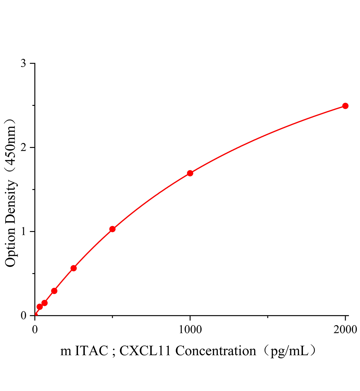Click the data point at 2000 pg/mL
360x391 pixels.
pyautogui.click(x=345, y=106)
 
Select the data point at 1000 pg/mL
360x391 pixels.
pyautogui.click(x=190, y=173)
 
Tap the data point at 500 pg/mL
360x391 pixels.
pyautogui.click(x=112, y=229)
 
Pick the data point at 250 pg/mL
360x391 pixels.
pyautogui.click(x=74, y=268)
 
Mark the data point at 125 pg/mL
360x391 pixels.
pyautogui.click(x=54, y=291)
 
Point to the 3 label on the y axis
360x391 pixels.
pyautogui.click(x=23, y=64)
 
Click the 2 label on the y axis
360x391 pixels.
pyautogui.click(x=23, y=148)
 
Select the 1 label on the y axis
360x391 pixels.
pyautogui.click(x=23, y=232)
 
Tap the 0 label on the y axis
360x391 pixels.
pyautogui.click(x=23, y=315)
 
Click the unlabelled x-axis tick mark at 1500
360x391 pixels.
pyautogui.click(x=268, y=317)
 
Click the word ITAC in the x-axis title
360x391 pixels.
pyautogui.click(x=91, y=351)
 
